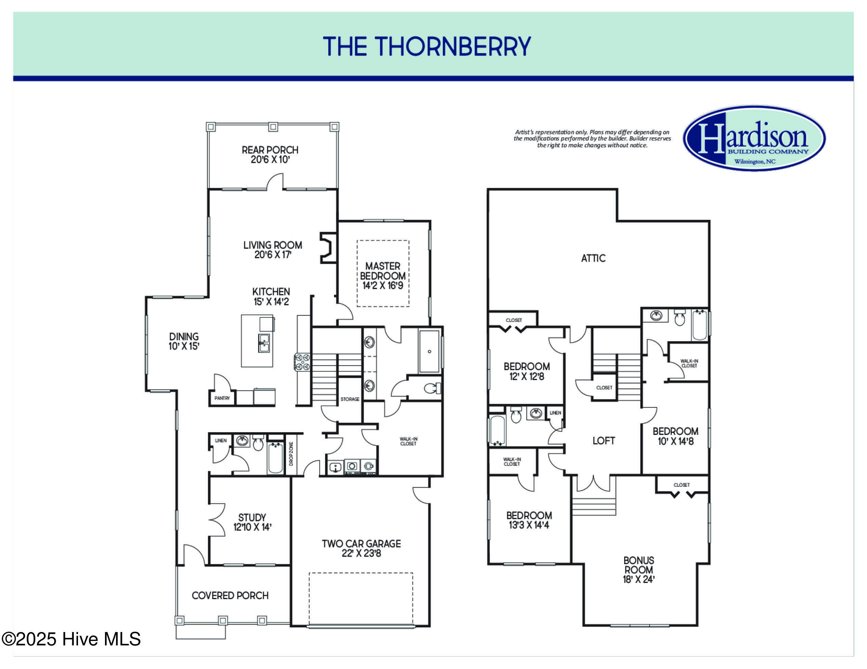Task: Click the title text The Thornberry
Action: tap(427, 47)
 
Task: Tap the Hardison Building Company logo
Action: tap(754, 138)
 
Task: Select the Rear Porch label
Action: tap(270, 154)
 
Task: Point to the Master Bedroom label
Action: tap(383, 275)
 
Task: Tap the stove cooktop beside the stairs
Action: tap(302, 362)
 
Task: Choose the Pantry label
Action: tap(222, 398)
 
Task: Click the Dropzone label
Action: tap(291, 453)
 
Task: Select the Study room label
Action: tap(252, 522)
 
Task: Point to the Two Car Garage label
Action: tap(361, 548)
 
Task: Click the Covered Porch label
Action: tap(230, 595)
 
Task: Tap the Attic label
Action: tap(593, 258)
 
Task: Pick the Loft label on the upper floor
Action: tap(604, 441)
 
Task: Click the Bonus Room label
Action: tap(639, 570)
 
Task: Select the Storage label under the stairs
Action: tap(350, 399)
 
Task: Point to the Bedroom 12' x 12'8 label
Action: tap(527, 371)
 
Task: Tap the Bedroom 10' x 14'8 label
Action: tap(675, 436)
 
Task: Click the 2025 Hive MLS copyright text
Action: tap(71, 639)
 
